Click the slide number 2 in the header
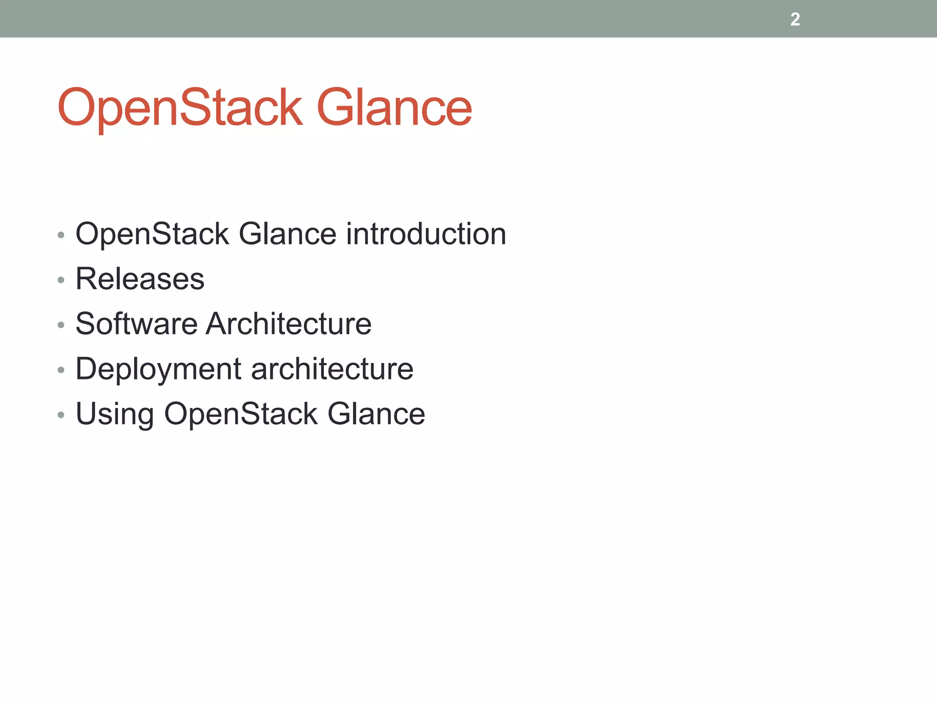[x=795, y=19]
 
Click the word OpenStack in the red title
[x=180, y=108]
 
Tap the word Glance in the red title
[x=394, y=108]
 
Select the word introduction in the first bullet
[x=425, y=234]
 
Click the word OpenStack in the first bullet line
[x=152, y=234]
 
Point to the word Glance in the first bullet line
[x=288, y=234]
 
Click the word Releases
[x=140, y=279]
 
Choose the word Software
[x=136, y=324]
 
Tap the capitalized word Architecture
[x=288, y=324]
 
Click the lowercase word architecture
[x=332, y=369]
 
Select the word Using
[x=114, y=414]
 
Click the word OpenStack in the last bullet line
[x=241, y=414]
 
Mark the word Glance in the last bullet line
[x=376, y=414]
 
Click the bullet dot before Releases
[x=61, y=280]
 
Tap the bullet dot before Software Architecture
[x=61, y=324]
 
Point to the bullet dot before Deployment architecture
[x=61, y=370]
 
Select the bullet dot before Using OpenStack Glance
[x=61, y=415]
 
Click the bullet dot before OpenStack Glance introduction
[x=61, y=235]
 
